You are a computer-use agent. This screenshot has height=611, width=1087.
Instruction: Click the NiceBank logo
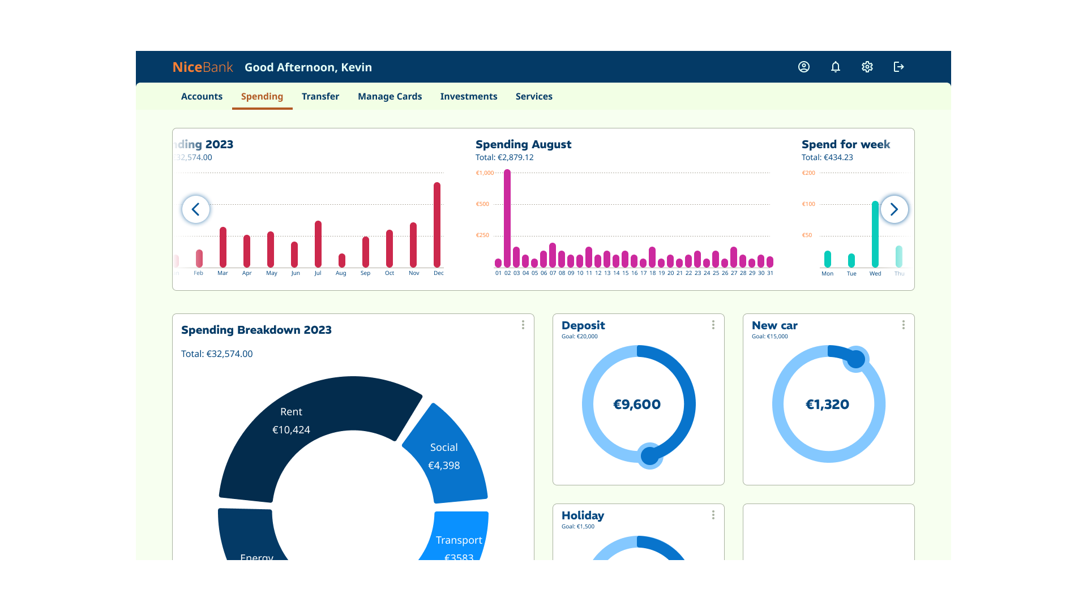point(202,67)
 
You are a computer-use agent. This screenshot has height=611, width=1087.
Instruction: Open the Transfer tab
point(320,97)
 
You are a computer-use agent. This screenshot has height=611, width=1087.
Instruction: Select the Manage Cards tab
point(390,97)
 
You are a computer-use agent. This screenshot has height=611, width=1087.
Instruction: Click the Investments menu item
point(468,97)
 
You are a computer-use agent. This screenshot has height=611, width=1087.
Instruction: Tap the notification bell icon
point(835,67)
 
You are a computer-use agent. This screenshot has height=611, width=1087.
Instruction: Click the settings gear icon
point(867,67)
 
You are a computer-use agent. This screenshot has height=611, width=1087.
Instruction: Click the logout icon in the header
point(898,67)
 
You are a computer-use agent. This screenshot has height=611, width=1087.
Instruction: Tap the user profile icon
point(803,67)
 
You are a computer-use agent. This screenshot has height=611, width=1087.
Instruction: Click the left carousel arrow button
point(196,209)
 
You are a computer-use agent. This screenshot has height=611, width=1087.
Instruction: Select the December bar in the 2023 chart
point(437,225)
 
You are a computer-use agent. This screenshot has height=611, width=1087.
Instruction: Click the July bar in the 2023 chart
point(318,244)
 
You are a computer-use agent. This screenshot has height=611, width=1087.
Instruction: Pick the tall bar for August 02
point(507,218)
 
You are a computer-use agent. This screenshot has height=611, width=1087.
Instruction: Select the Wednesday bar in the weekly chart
point(875,234)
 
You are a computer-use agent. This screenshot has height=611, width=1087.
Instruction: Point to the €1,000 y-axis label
point(485,173)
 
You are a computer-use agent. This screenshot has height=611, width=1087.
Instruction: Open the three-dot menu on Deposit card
point(713,325)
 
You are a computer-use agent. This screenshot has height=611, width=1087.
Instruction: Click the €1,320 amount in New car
point(828,405)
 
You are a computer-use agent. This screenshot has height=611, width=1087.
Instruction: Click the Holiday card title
point(583,515)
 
